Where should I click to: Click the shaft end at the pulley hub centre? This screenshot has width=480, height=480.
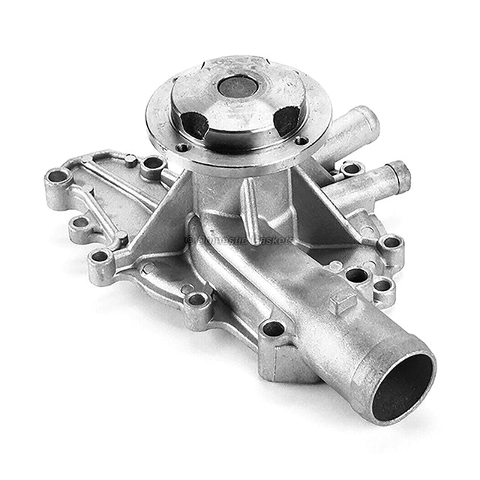(238, 87)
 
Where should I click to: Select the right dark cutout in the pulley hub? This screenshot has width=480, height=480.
(288, 119)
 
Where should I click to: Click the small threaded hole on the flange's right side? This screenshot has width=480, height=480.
(301, 140)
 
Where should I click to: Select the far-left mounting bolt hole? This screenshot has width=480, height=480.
(57, 178)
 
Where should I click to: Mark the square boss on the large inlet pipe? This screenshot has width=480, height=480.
(343, 301)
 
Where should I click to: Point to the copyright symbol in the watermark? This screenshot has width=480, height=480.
(190, 240)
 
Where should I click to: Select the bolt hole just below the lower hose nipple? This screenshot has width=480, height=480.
(390, 243)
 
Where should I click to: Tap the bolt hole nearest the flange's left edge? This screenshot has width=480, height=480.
(153, 162)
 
